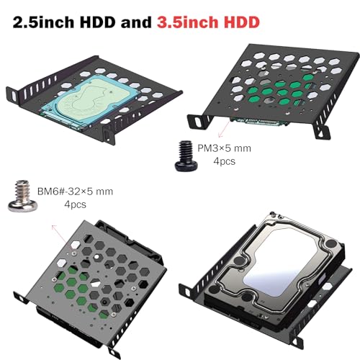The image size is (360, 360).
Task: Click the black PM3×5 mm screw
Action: click(x=186, y=156)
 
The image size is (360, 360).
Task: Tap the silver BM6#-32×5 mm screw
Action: click(x=23, y=196)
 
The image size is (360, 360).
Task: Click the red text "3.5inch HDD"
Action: click(x=208, y=22)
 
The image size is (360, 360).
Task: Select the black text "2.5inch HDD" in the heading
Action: click(x=63, y=22)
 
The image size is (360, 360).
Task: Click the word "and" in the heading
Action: click(x=136, y=22)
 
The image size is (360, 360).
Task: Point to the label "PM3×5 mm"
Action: click(x=224, y=148)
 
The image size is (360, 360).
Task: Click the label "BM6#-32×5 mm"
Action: click(x=75, y=192)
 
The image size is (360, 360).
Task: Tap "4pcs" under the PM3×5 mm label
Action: click(x=225, y=161)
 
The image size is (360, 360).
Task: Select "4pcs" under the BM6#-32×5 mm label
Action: click(x=75, y=204)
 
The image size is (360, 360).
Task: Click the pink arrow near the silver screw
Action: click(x=63, y=237)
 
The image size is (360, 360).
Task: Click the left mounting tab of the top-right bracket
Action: click(x=197, y=122)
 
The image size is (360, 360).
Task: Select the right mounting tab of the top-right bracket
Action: click(x=322, y=131)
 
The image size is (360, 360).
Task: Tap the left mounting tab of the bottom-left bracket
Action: click(x=21, y=297)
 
